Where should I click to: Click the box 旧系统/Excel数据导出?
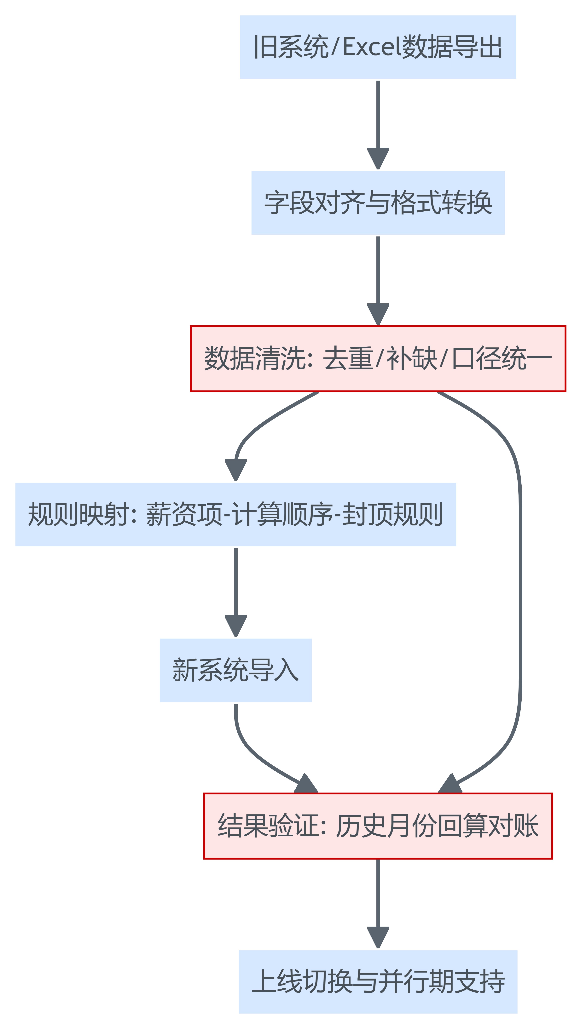(x=378, y=47)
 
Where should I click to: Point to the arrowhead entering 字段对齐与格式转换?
(x=378, y=159)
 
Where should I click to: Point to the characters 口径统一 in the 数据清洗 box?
(x=502, y=358)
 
